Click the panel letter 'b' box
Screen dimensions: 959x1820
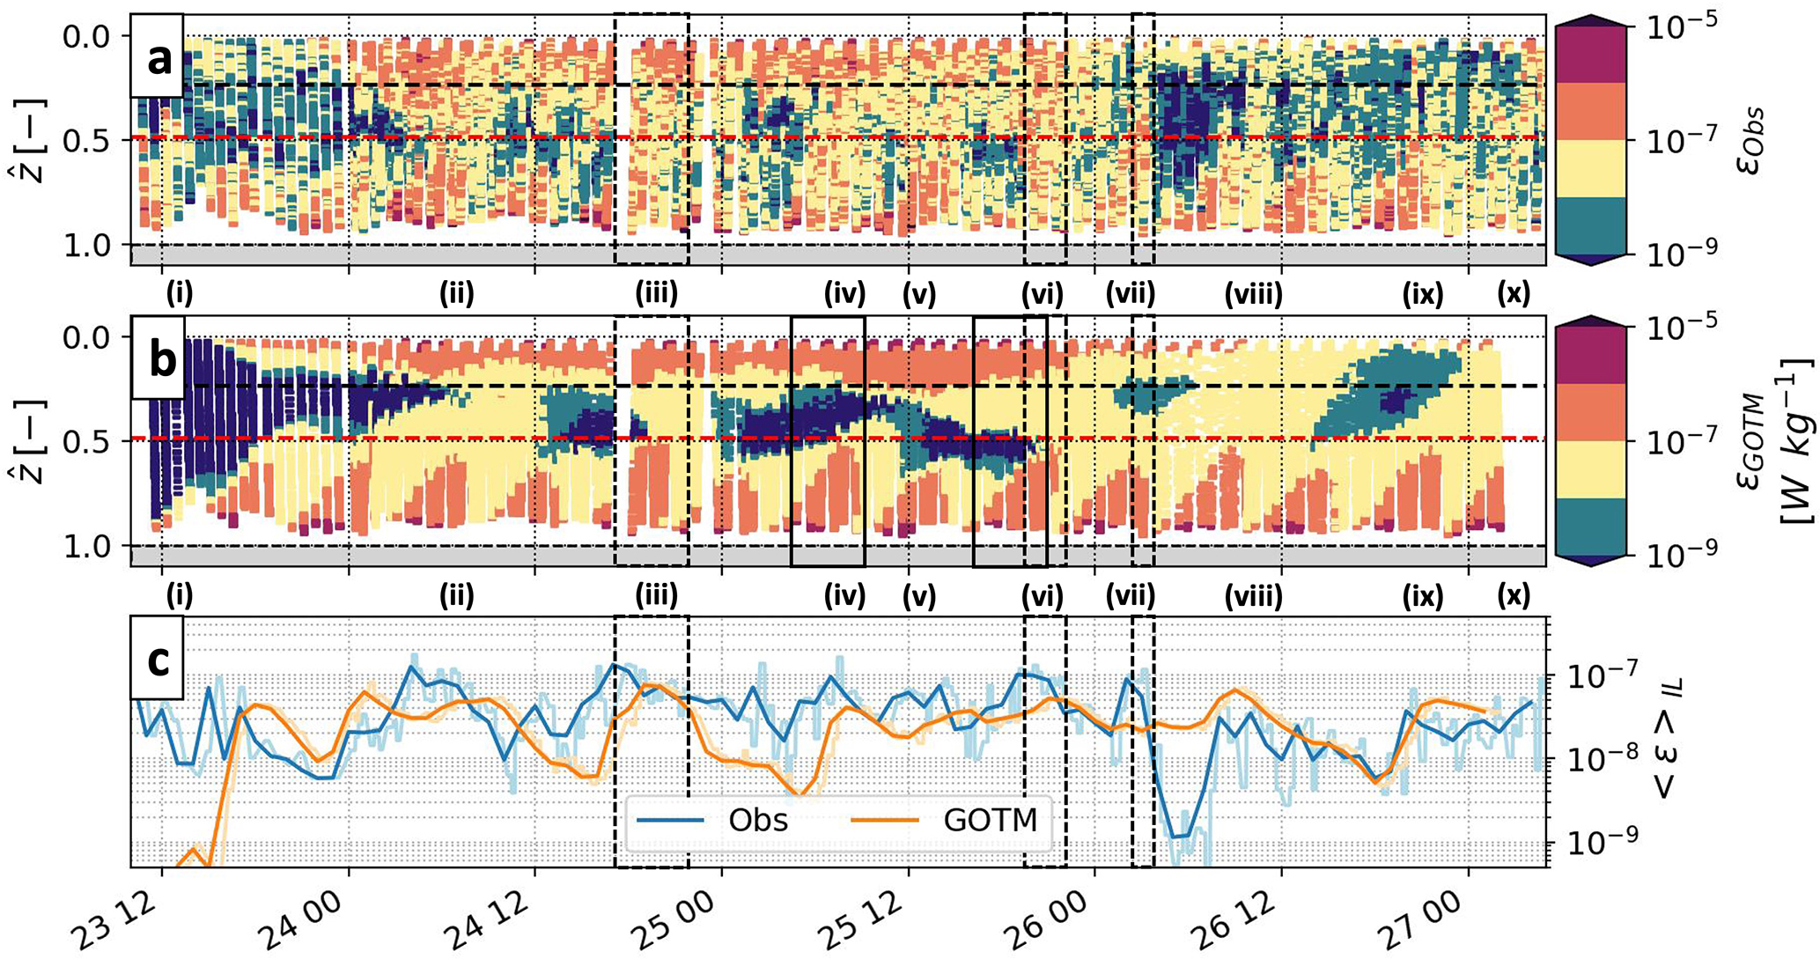pos(159,361)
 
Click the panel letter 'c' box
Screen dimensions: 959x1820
pos(158,660)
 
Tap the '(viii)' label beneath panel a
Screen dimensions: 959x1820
pos(1253,294)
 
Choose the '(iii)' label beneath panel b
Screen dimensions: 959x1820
pos(657,597)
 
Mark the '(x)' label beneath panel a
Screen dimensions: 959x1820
pos(1514,294)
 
